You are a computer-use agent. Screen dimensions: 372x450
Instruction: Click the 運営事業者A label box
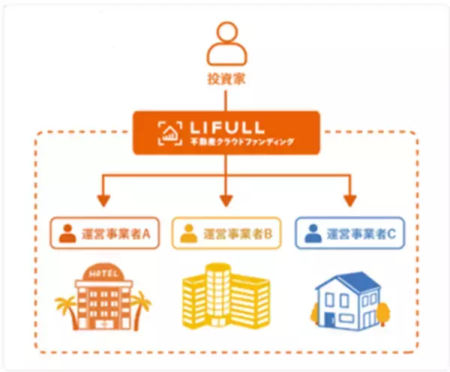pos(103,232)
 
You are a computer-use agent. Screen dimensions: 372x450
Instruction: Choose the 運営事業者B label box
pos(226,232)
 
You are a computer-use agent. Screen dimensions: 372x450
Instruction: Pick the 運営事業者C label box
pos(348,232)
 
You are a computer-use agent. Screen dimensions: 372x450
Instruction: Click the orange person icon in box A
pos(67,232)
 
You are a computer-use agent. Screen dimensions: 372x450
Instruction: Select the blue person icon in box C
pos(313,232)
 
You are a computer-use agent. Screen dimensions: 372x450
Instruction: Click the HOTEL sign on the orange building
pos(102,271)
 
